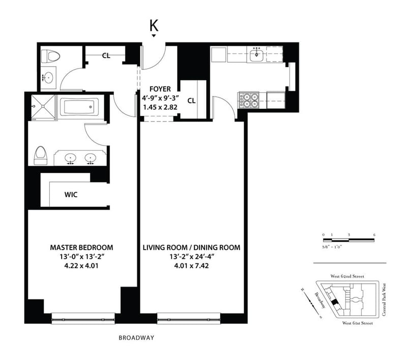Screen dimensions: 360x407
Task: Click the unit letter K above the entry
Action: [153, 25]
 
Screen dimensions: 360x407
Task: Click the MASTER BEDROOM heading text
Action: [81, 248]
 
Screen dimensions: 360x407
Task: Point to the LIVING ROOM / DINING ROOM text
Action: [191, 248]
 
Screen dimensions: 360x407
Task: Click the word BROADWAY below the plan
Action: [136, 338]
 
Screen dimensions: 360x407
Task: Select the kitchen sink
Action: [257, 54]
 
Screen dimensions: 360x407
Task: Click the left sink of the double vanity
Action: [70, 158]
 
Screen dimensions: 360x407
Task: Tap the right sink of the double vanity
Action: [91, 158]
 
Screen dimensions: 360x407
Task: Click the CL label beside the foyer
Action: [191, 100]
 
